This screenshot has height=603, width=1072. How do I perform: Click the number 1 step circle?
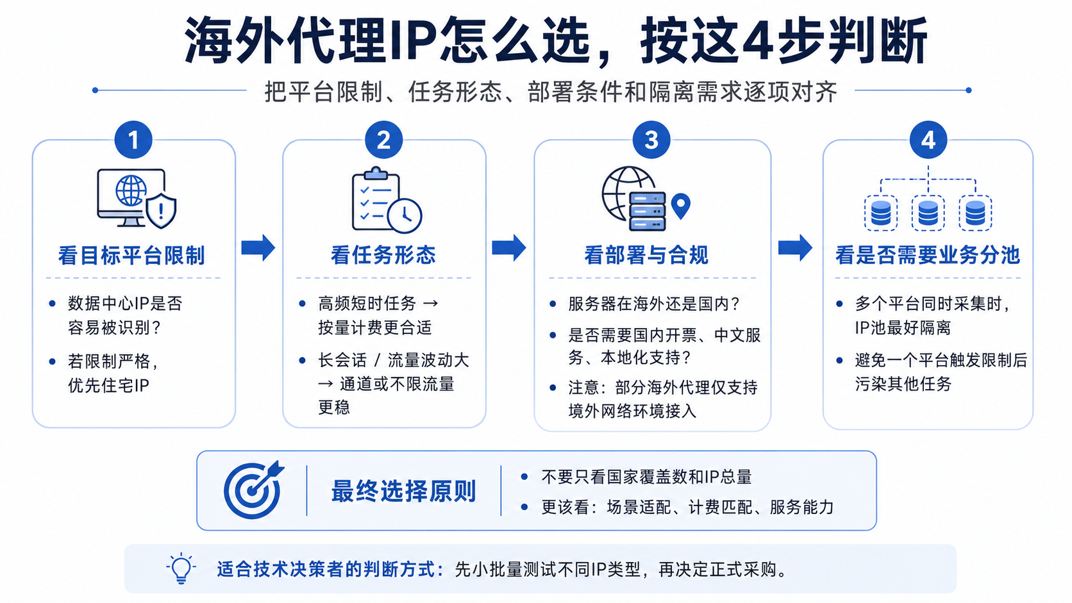click(x=133, y=140)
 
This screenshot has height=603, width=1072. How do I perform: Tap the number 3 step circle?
click(x=651, y=140)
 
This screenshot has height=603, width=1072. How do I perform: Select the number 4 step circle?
click(x=928, y=140)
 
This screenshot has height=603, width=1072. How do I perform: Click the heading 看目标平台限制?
click(x=131, y=255)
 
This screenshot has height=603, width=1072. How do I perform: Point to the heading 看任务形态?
click(x=383, y=255)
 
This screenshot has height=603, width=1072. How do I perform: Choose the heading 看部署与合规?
click(x=646, y=255)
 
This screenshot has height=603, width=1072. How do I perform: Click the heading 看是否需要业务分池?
click(x=928, y=255)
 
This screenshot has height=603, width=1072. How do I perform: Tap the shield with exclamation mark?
click(x=162, y=211)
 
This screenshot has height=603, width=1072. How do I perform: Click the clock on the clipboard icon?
click(x=405, y=216)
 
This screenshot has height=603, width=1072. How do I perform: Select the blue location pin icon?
click(x=680, y=206)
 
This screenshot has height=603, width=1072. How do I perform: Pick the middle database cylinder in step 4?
click(x=928, y=213)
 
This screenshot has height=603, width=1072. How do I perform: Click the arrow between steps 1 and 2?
click(x=258, y=248)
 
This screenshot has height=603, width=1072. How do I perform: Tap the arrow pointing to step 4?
click(x=795, y=248)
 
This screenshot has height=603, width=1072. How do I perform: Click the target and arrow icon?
click(x=254, y=490)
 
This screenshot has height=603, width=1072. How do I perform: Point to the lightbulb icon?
click(x=181, y=568)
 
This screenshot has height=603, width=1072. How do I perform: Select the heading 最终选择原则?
click(x=403, y=491)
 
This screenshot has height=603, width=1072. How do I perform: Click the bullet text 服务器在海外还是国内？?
click(x=654, y=304)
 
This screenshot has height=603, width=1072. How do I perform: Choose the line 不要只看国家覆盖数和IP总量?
click(x=646, y=477)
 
